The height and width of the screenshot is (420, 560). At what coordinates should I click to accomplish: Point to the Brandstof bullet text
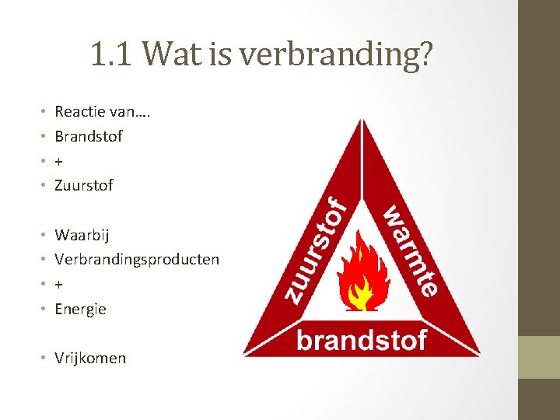(x=89, y=136)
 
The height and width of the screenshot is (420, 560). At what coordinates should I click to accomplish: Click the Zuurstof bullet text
(x=84, y=185)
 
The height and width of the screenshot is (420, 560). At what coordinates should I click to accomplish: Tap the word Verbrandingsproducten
(x=137, y=259)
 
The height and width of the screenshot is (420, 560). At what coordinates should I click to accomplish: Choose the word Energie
(x=80, y=309)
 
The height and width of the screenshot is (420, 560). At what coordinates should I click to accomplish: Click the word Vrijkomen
(x=90, y=358)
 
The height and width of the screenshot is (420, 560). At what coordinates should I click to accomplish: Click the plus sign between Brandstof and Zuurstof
(x=59, y=161)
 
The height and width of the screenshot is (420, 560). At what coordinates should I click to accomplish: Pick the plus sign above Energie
(x=59, y=284)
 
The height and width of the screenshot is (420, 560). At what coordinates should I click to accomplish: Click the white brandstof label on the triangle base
(x=362, y=340)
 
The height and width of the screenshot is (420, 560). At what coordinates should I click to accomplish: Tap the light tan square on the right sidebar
(x=539, y=357)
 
